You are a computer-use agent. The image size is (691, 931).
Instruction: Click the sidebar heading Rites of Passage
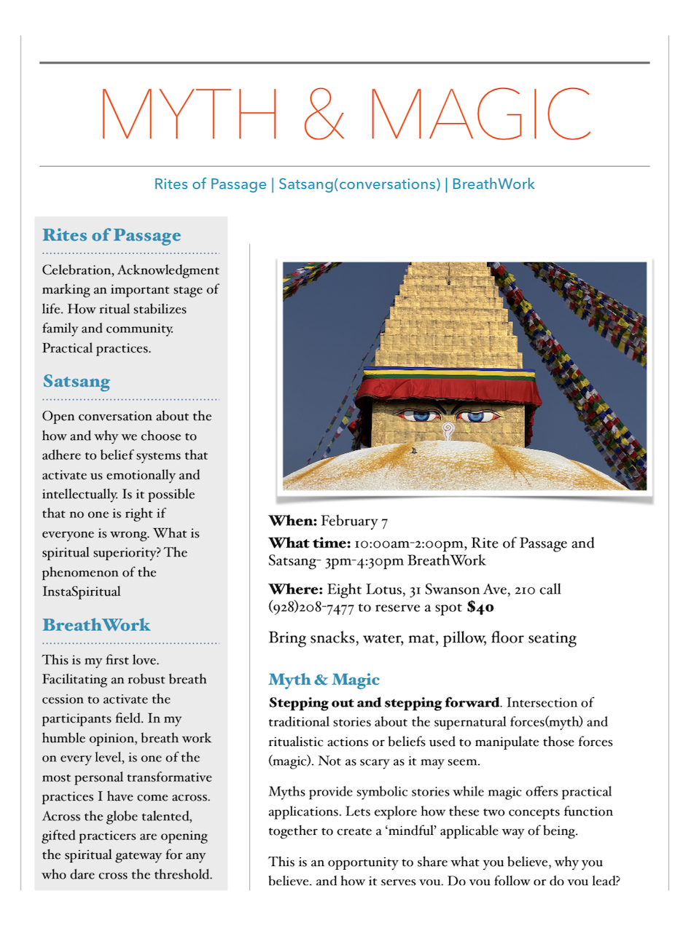click(x=112, y=235)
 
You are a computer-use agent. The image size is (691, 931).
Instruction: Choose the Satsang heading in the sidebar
click(x=77, y=381)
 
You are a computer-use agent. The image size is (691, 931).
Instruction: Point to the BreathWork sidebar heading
click(x=96, y=625)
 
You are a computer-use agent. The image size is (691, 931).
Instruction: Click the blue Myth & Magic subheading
click(x=324, y=680)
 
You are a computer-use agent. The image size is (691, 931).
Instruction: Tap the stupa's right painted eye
click(x=477, y=417)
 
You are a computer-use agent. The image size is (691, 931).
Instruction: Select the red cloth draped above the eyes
click(x=448, y=389)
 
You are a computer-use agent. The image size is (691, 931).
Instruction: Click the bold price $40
click(x=481, y=607)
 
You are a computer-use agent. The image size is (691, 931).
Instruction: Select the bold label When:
click(x=292, y=521)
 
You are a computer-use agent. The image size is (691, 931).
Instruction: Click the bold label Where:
click(x=295, y=589)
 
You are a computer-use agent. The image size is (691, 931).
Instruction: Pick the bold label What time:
click(x=310, y=543)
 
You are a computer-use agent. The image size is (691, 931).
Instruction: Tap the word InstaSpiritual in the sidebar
click(x=82, y=592)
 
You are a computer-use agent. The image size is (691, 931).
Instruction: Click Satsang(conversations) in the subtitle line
click(x=359, y=184)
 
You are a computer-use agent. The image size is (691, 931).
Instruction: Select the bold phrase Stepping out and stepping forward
click(x=384, y=703)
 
